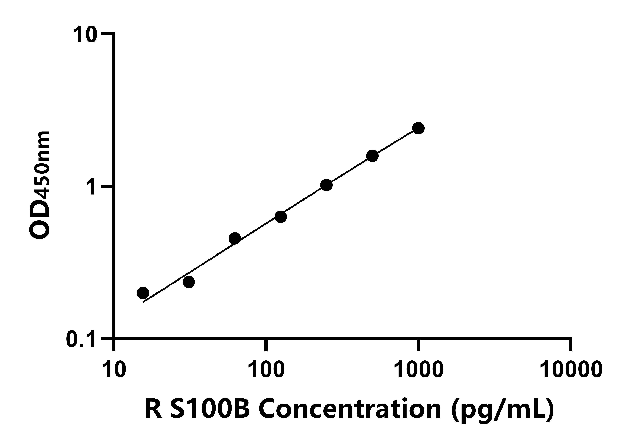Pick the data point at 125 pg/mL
pyautogui.click(x=281, y=217)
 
